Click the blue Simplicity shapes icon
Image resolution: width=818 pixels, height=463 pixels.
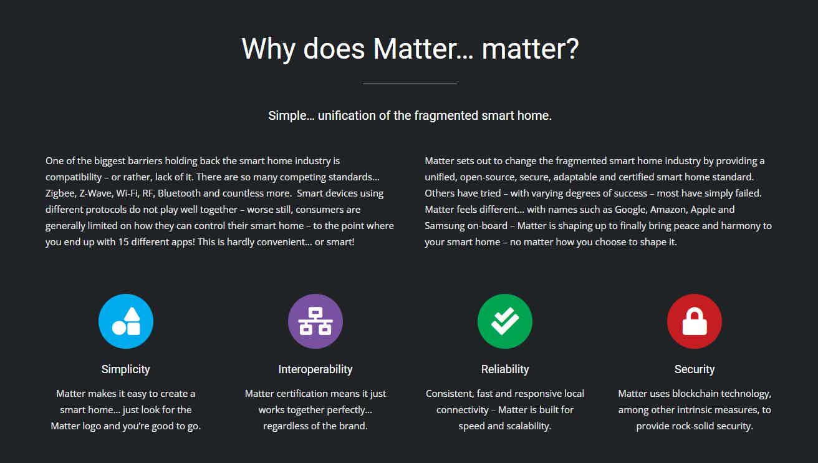[125, 321]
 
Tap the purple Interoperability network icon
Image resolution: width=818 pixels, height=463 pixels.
[315, 321]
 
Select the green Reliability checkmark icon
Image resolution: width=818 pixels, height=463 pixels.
[505, 321]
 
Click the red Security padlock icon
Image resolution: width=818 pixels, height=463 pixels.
[695, 321]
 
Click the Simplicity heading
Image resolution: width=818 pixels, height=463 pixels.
[125, 369]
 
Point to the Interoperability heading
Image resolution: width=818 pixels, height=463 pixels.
[315, 369]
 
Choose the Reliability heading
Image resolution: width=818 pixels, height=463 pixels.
[505, 369]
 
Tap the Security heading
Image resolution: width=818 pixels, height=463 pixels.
[695, 369]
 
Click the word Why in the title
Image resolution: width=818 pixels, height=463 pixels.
[268, 49]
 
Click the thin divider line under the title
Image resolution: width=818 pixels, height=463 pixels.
[410, 84]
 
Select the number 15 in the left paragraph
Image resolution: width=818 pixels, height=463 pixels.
[123, 242]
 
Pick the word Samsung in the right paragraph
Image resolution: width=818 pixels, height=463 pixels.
[445, 226]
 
